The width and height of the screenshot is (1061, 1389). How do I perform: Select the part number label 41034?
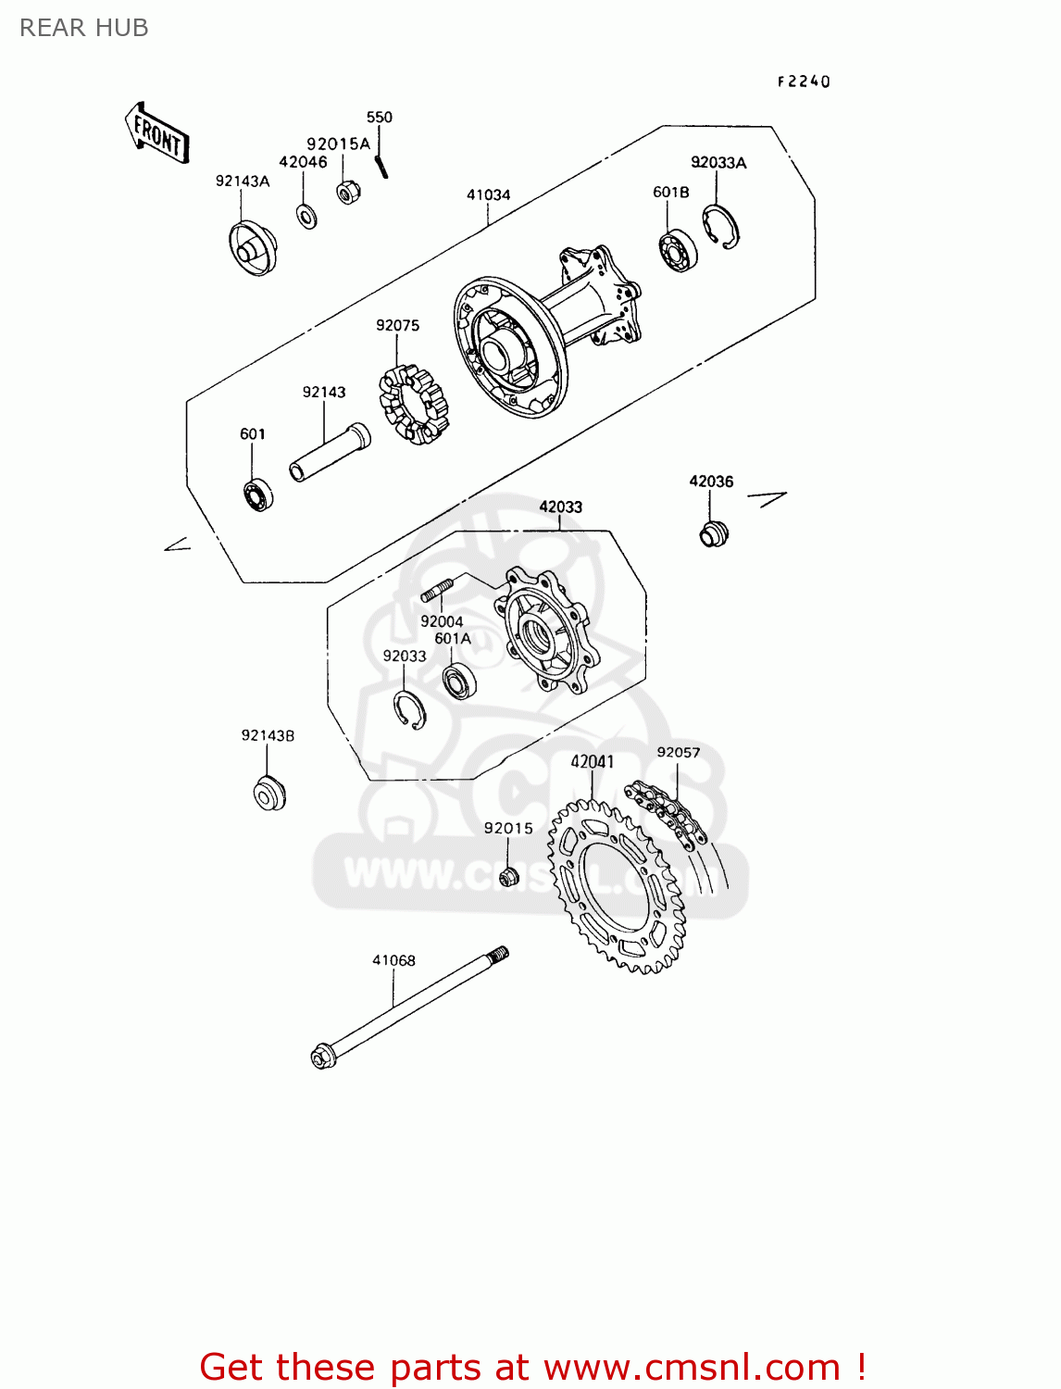[x=488, y=194]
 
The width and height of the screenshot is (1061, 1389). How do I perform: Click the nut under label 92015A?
[x=348, y=192]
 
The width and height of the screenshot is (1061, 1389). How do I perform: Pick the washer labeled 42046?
[x=306, y=217]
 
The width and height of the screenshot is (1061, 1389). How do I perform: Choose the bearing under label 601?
[x=257, y=495]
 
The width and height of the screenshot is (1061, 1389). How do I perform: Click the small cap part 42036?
[x=713, y=534]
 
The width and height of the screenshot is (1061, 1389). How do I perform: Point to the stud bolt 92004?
[x=436, y=590]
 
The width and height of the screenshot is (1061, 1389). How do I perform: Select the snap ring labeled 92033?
[x=408, y=710]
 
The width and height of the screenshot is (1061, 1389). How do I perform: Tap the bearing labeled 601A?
[x=458, y=682]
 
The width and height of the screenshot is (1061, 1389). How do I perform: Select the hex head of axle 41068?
[x=324, y=1056]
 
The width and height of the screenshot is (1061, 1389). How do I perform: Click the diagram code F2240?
[x=803, y=81]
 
